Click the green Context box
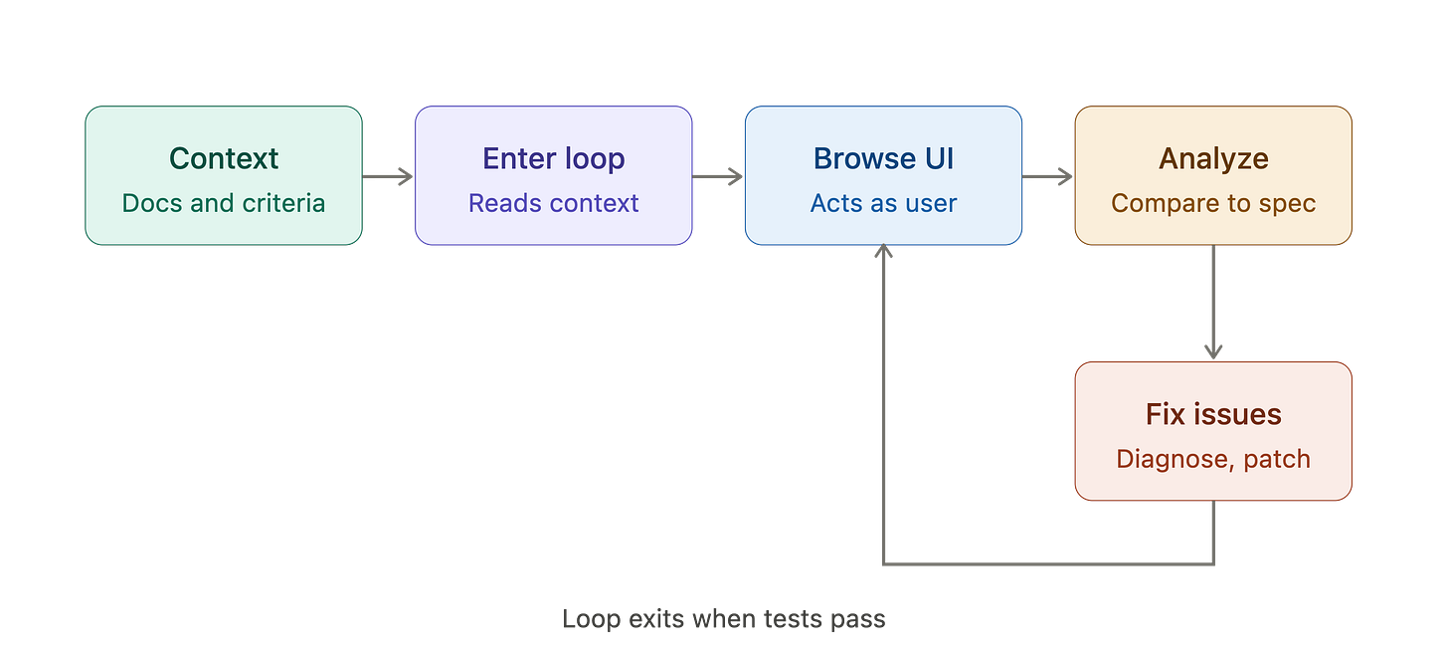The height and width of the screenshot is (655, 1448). [x=224, y=175]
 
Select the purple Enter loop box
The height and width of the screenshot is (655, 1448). [x=553, y=175]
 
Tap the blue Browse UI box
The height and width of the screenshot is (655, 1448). [x=884, y=175]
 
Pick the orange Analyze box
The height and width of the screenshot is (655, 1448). [x=1213, y=175]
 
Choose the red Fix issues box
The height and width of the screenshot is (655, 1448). [x=1213, y=431]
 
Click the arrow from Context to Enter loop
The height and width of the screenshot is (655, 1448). [x=388, y=176]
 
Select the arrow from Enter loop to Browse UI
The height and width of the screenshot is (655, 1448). [x=718, y=176]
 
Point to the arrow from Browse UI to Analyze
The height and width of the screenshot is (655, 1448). [x=1048, y=176]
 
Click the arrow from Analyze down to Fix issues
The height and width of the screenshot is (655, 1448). [x=1213, y=303]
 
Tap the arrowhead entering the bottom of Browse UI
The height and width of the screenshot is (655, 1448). [x=884, y=251]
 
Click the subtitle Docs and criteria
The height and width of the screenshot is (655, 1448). [x=224, y=203]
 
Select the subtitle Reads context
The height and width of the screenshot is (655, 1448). [x=553, y=203]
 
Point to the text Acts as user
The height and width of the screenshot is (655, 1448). [x=884, y=203]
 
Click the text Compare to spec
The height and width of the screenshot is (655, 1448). [x=1213, y=203]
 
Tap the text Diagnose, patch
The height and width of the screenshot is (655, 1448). [x=1213, y=459]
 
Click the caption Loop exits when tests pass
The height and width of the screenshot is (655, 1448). [x=723, y=619]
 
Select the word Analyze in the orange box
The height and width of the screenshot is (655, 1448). [x=1213, y=159]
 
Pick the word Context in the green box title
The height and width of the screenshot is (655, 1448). [x=224, y=158]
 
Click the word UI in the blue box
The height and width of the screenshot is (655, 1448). [x=939, y=158]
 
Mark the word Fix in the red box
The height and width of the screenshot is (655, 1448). [x=1167, y=414]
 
